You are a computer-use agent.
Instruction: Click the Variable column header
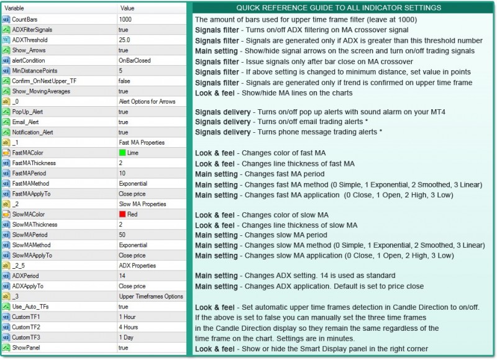tap(14, 8)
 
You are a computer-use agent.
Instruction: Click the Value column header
tap(127, 8)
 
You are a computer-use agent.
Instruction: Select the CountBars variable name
tap(24, 19)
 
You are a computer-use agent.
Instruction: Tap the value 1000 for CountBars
tap(125, 19)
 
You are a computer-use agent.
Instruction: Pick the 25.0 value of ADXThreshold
tap(124, 40)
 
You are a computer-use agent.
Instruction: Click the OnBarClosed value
tap(134, 60)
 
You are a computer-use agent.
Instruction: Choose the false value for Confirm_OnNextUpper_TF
tap(124, 81)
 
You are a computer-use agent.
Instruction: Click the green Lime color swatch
tap(122, 153)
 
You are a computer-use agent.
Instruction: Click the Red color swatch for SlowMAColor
tap(122, 214)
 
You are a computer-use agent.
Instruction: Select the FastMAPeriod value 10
tap(122, 173)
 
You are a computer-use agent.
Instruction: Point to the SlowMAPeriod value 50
tap(122, 235)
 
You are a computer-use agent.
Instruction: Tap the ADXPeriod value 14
tap(122, 276)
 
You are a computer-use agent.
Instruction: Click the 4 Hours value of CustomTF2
tap(129, 327)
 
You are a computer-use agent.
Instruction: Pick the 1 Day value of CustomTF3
tap(126, 338)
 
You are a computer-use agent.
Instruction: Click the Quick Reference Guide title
tap(339, 7)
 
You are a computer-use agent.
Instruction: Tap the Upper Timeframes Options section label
tap(151, 296)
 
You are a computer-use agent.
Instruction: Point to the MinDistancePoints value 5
tap(121, 71)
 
